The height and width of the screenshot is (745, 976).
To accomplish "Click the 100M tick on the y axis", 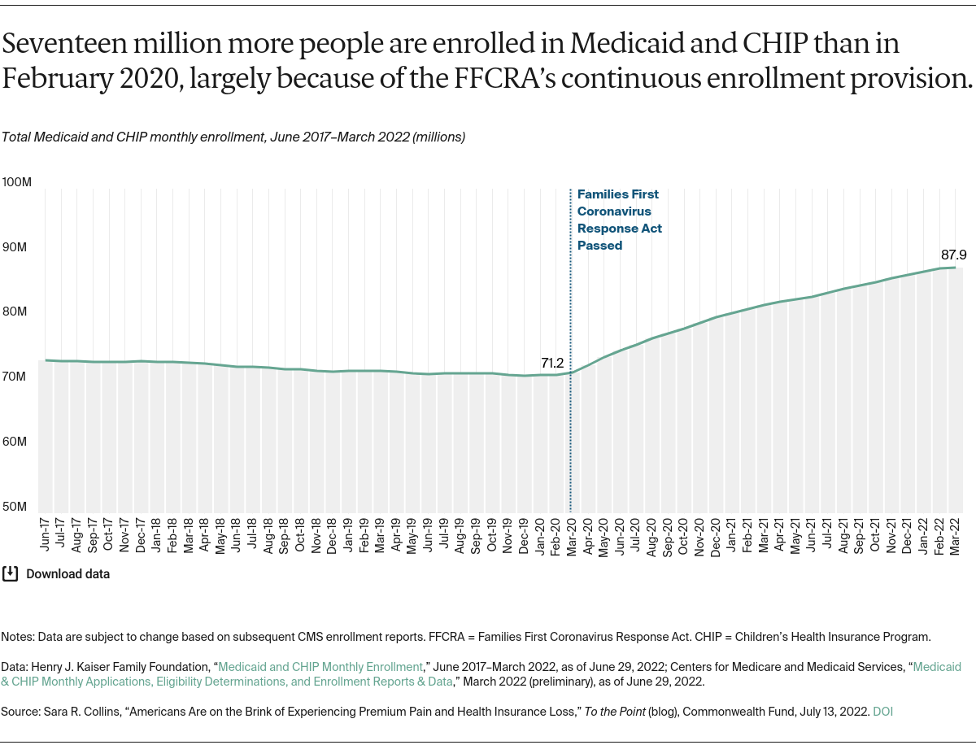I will point(16,181).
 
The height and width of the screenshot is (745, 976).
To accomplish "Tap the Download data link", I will point(68,573).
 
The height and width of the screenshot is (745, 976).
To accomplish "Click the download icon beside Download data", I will point(10,573).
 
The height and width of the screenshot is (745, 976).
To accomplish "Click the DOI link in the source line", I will point(883,711).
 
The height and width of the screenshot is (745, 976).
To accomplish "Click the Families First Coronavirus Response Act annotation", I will point(619,220).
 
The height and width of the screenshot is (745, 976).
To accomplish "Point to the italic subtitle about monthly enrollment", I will point(233,137).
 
